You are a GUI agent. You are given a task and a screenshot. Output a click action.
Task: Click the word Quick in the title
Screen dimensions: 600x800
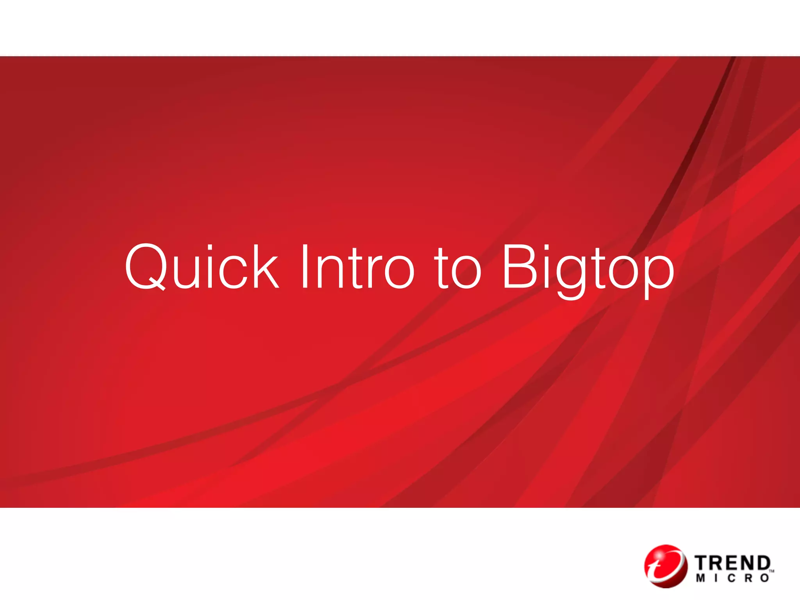[202, 267]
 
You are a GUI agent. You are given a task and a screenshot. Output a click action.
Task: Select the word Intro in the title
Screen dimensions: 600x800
[357, 267]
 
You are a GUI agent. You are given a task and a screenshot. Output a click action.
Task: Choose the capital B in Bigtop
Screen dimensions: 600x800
[520, 266]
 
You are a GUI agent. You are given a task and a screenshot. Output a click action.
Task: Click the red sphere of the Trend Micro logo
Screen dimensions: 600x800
[665, 567]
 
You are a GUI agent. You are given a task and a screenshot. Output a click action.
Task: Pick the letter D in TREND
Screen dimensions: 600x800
[762, 564]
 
